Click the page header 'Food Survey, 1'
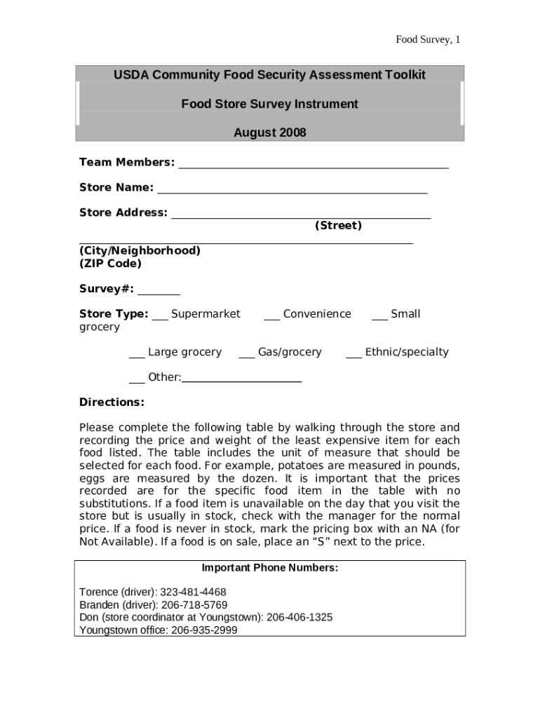(x=428, y=39)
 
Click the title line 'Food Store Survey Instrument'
(x=269, y=104)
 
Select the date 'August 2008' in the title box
(x=269, y=133)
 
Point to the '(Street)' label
(x=338, y=226)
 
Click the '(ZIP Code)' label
(x=110, y=264)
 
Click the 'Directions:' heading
(x=112, y=402)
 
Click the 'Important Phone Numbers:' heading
(x=269, y=568)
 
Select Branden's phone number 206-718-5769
(x=194, y=605)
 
